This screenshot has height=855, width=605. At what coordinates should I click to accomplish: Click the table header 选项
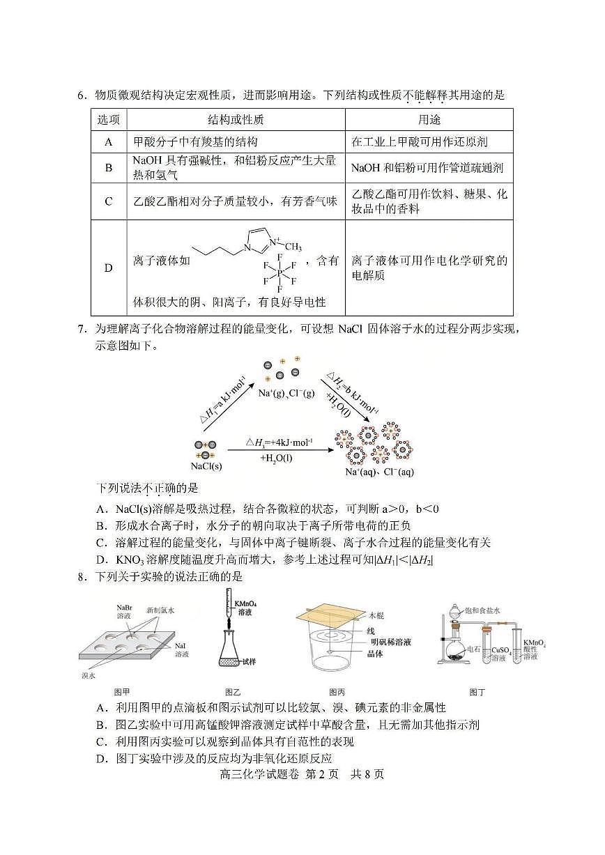[x=108, y=120]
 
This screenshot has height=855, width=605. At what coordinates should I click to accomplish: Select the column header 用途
[x=429, y=120]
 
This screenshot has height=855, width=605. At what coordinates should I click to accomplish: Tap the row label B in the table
[x=108, y=167]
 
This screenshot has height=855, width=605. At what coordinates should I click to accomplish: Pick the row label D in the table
[x=108, y=268]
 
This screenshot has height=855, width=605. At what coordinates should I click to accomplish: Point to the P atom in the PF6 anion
[x=279, y=272]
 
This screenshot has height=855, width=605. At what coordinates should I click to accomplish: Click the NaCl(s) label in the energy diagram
[x=206, y=465]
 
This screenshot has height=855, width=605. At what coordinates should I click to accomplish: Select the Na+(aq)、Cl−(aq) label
[x=379, y=472]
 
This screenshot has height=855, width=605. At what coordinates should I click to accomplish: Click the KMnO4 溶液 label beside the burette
[x=245, y=607]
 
